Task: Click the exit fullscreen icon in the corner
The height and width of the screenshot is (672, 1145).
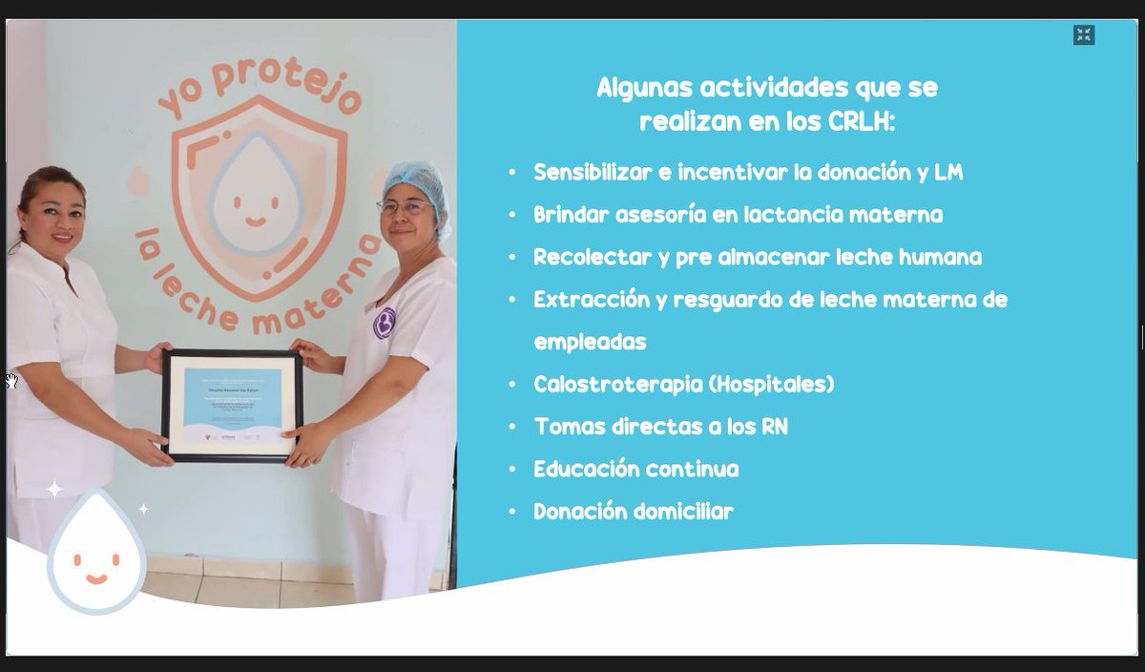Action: pos(1083,35)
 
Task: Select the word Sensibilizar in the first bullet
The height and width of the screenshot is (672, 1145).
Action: pos(592,173)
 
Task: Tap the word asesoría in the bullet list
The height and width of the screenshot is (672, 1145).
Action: pos(659,215)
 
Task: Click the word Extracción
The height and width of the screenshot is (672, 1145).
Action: pos(591,300)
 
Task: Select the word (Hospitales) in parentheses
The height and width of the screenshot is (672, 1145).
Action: pos(771,384)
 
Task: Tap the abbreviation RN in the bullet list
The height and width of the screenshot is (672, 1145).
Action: pos(774,427)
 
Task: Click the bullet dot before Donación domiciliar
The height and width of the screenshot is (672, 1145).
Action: pos(512,513)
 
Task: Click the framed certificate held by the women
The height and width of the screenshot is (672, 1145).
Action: pos(231,406)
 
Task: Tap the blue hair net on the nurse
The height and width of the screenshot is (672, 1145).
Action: pos(416,184)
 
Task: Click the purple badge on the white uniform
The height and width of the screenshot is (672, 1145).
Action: pos(384,323)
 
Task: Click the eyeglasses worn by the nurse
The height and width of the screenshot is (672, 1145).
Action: pos(406,206)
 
